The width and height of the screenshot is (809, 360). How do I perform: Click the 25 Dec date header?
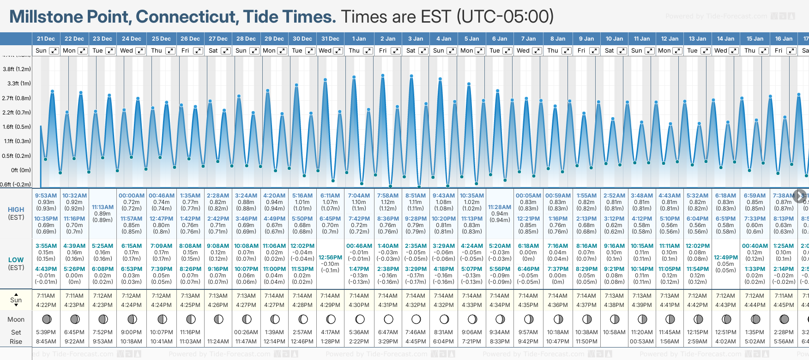(161, 39)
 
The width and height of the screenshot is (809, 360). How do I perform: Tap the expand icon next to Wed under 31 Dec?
(338, 51)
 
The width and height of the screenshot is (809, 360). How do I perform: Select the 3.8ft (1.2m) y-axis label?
(17, 69)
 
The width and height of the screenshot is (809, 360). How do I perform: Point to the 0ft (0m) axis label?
(21, 170)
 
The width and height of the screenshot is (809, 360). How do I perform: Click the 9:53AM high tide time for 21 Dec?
(46, 196)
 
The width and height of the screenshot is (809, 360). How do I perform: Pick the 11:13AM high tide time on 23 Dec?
(103, 207)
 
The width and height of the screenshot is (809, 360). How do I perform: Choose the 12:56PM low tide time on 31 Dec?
(330, 258)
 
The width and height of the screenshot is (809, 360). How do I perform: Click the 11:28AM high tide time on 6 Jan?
(500, 207)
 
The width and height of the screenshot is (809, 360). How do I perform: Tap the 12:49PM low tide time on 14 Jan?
(726, 258)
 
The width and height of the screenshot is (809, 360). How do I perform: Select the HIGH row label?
(16, 210)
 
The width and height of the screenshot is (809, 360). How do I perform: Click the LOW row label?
(16, 260)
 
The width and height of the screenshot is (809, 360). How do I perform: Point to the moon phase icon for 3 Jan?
(416, 319)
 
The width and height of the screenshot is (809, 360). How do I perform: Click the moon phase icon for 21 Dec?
(46, 319)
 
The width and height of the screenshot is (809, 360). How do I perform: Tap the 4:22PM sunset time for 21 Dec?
(46, 305)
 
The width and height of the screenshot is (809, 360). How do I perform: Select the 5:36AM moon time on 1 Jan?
(359, 332)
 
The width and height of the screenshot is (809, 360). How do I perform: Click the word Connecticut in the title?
(187, 17)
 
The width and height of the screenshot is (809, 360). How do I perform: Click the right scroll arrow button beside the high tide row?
(799, 196)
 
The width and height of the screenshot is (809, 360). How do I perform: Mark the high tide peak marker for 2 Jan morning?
(383, 75)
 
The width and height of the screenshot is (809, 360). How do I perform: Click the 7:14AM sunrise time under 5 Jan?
(472, 296)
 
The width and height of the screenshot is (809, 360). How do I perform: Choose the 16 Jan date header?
(784, 39)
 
